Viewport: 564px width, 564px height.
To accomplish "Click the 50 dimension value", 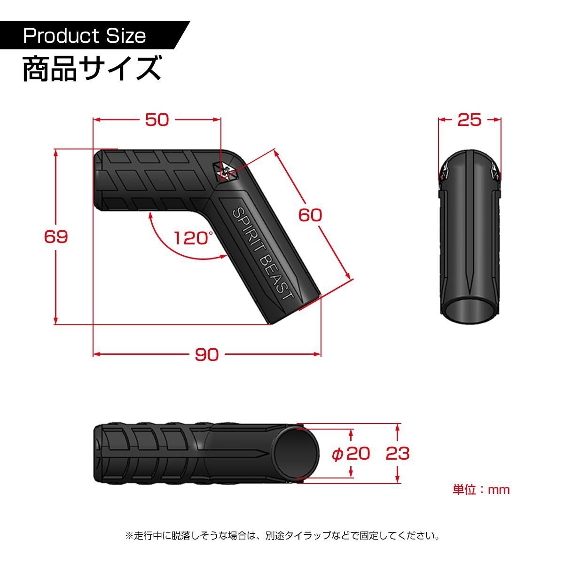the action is coord(157,120).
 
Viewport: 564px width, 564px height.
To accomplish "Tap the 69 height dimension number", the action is coord(56,236).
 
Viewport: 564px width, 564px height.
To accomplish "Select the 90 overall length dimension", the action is coord(207,354).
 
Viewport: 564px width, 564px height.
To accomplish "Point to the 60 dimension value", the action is coord(310,215).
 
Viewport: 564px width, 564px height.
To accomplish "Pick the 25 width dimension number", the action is coord(470,120).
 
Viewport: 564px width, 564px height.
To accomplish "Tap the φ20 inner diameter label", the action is coord(351,454).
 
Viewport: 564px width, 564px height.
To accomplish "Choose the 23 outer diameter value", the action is coord(398,454).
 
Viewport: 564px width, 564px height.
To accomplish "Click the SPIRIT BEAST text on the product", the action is coord(263,254).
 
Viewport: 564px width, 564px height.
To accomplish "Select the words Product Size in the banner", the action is coord(85,36).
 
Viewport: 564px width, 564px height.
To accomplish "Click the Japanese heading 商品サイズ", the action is coord(92,69).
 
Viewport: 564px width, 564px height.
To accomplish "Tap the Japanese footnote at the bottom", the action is coord(282,535).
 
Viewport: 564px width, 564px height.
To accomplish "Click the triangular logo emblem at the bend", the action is coord(226,170).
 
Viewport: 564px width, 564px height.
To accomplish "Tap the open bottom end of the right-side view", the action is coord(469,310).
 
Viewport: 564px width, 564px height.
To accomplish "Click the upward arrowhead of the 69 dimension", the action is coord(56,152).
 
